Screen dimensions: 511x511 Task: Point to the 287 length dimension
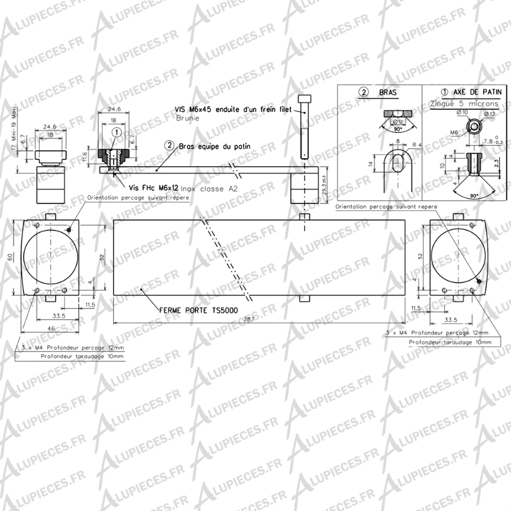[248, 319]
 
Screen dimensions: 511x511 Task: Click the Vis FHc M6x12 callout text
[154, 187]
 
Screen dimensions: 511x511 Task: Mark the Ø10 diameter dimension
[461, 112]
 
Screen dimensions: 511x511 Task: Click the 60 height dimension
[10, 258]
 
